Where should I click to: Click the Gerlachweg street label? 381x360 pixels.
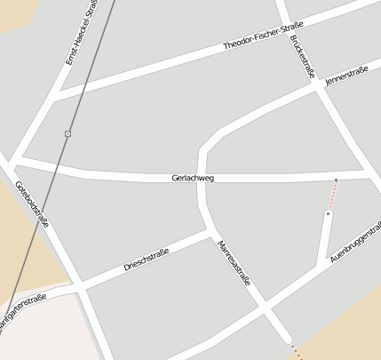193,179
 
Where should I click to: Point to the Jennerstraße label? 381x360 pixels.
346,79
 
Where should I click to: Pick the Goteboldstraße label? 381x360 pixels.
32,204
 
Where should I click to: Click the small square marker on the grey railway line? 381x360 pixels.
67,133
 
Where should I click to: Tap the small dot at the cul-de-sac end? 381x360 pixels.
329,213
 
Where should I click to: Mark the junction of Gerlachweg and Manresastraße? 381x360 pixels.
202,178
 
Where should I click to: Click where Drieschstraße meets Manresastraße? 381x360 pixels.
211,233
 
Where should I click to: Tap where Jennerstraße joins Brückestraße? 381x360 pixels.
319,88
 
